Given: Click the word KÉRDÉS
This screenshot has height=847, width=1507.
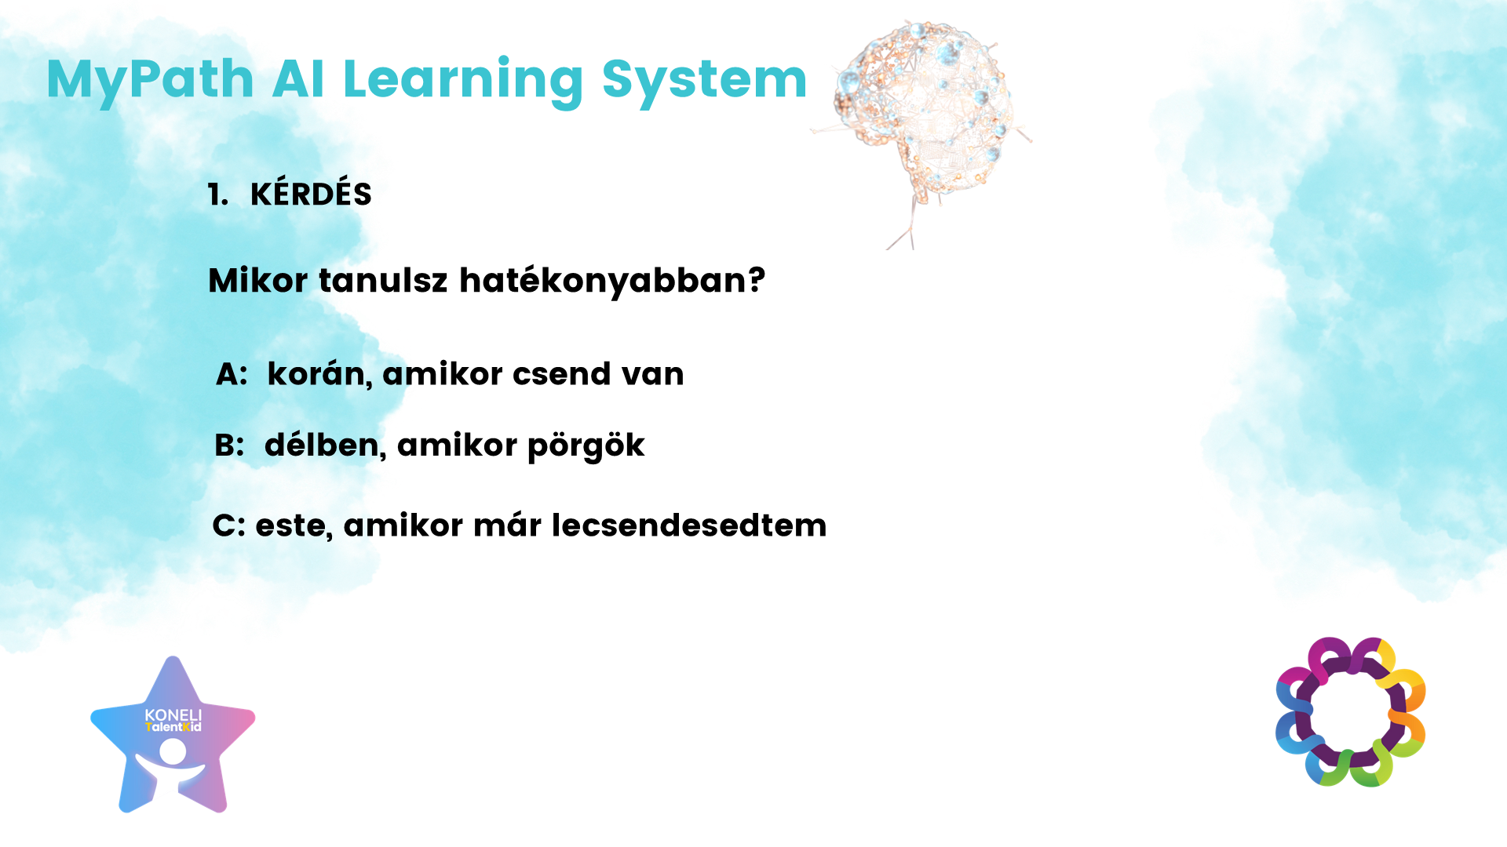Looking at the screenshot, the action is coord(311,194).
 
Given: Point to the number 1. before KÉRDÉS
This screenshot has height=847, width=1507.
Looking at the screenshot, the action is coord(218,194).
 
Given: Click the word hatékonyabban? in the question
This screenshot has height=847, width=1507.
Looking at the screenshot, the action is coord(612,280).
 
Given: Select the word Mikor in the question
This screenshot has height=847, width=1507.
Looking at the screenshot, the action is coord(258,280).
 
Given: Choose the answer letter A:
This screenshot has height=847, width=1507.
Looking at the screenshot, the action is coord(232,374).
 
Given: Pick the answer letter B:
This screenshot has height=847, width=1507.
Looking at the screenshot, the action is coord(229,445).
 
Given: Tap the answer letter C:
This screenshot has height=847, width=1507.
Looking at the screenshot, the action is coord(229,525).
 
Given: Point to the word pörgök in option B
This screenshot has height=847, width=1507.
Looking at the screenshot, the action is coord(586,446).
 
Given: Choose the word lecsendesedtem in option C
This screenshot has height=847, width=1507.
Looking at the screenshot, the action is coord(689,525).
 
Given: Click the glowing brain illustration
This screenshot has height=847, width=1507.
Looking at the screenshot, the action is coord(923,118).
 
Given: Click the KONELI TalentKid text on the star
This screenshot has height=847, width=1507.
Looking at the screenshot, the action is coord(173,720).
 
